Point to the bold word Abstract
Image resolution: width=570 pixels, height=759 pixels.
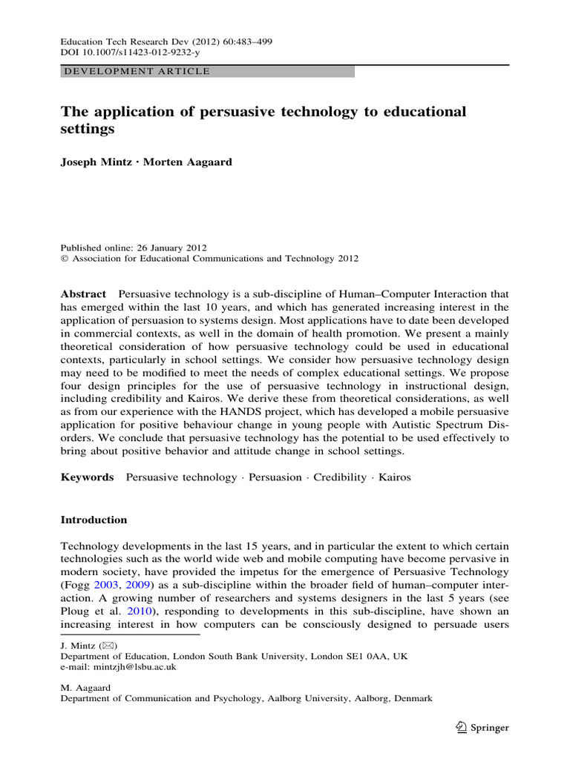coord(82,294)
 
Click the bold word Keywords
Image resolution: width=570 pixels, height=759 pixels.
coord(87,477)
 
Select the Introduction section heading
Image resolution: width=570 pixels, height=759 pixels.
coord(94,520)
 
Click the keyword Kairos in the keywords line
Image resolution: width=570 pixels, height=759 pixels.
coord(395,477)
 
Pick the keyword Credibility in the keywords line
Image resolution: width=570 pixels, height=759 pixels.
coord(340,477)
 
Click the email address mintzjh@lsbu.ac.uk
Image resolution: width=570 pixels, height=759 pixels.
coord(130,667)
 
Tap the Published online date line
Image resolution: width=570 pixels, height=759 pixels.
coord(134,248)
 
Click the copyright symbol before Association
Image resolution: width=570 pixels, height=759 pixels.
coord(64,259)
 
